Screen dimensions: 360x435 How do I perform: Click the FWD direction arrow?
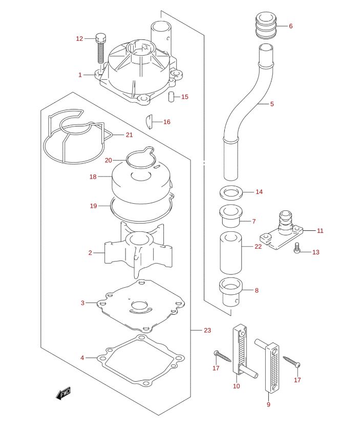[x=63, y=394]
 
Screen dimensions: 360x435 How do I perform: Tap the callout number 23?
[x=207, y=330]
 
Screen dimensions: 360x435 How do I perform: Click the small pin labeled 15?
[x=171, y=97]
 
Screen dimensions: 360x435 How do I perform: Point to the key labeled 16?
[x=150, y=122]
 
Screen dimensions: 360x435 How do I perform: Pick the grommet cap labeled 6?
[x=266, y=26]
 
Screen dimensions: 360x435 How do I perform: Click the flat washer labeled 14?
[x=231, y=192]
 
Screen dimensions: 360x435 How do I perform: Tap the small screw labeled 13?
[x=297, y=248]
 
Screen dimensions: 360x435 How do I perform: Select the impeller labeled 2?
[x=138, y=251]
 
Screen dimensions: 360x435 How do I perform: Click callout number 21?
[x=130, y=135]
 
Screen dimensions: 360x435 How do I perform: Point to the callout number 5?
[x=272, y=104]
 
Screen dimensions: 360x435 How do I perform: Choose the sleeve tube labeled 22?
[x=231, y=253]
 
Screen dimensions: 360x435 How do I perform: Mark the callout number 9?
[x=268, y=404]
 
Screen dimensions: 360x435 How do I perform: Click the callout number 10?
[x=237, y=386]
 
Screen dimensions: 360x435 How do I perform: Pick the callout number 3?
[x=82, y=302]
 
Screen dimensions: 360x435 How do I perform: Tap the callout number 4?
[x=82, y=358]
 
